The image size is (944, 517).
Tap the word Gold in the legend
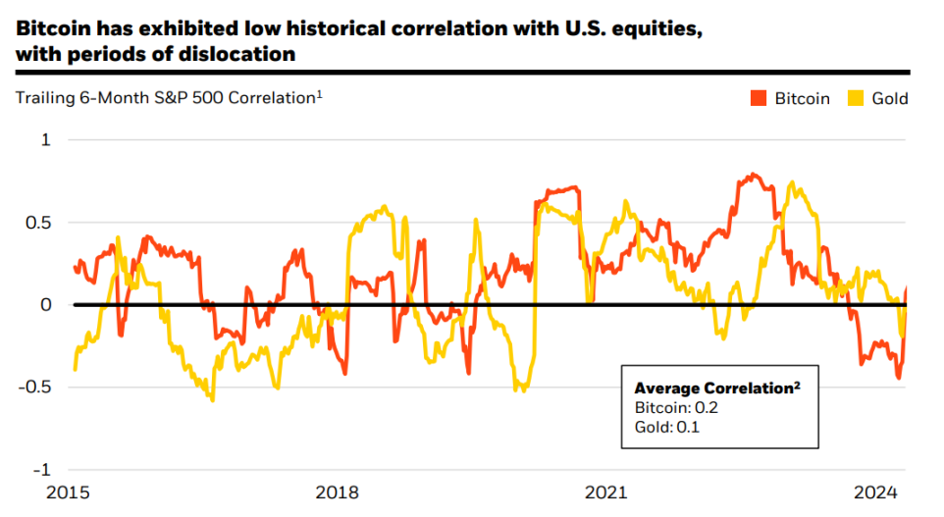point(891,98)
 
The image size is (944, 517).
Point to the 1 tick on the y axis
point(45,140)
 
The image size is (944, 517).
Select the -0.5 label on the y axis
point(36,387)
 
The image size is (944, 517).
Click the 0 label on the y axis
point(45,305)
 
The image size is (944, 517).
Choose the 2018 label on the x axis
point(338,491)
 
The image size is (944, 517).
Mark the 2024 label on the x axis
point(878,491)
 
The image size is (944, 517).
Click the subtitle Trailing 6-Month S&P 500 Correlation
point(167,98)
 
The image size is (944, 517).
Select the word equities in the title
point(651,28)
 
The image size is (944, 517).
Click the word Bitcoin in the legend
point(802,98)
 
